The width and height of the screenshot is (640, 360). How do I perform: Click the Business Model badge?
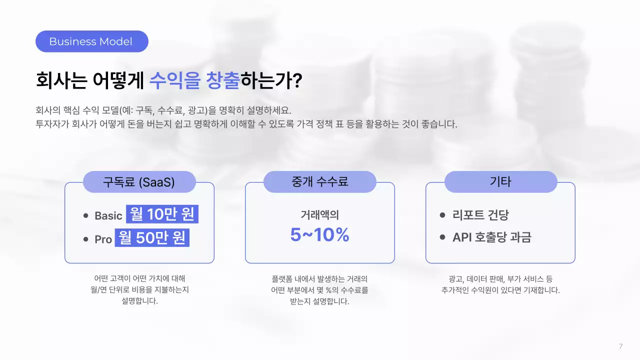[x=91, y=41]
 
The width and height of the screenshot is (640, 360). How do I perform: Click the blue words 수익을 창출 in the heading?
[x=194, y=80]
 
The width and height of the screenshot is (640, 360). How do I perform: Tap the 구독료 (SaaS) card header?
[x=139, y=182]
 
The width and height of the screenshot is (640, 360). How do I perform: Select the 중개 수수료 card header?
[x=319, y=181]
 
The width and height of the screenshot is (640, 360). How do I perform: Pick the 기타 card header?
[x=500, y=181]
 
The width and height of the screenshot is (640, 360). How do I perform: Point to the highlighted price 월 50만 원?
[x=152, y=238]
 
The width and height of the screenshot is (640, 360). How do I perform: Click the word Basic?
[x=108, y=216]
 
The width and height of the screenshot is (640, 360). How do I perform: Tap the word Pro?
[x=103, y=239]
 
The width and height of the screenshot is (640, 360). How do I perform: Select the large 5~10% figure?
[x=319, y=235]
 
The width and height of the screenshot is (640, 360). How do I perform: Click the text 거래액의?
[x=319, y=215]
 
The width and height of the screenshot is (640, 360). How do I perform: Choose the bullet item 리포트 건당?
[x=480, y=215]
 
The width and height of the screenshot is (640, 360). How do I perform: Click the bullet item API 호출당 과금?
[x=491, y=237]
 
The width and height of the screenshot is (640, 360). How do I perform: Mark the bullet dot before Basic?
[x=86, y=215]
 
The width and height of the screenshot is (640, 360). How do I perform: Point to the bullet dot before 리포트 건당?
[x=442, y=215]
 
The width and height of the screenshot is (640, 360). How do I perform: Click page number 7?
[x=620, y=346]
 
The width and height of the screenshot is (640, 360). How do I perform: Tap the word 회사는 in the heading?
[x=61, y=80]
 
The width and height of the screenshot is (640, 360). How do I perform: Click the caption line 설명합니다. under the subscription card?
[x=139, y=301]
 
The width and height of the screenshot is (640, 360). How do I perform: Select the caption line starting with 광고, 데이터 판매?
[x=500, y=279]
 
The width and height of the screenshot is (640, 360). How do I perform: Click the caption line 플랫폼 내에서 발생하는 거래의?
[x=319, y=279]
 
